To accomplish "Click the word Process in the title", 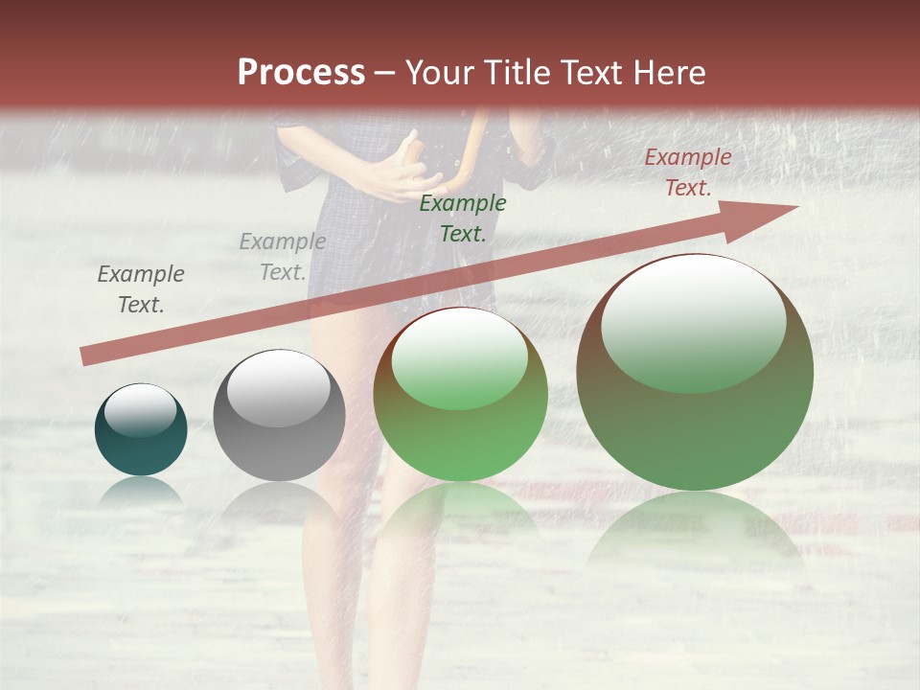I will (x=301, y=73).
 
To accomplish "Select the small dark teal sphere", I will (x=141, y=430).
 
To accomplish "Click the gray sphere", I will (x=279, y=416).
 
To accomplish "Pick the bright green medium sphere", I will (x=460, y=395).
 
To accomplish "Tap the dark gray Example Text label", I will (x=141, y=288).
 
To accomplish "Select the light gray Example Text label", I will (x=283, y=256).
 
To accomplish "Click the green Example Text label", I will (x=463, y=218).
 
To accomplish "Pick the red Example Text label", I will (x=688, y=172).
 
